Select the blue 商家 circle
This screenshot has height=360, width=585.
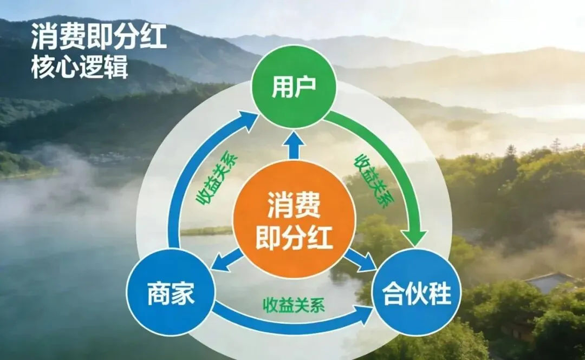(170, 296)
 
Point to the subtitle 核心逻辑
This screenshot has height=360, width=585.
(80, 69)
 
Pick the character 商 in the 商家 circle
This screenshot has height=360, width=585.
(158, 296)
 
